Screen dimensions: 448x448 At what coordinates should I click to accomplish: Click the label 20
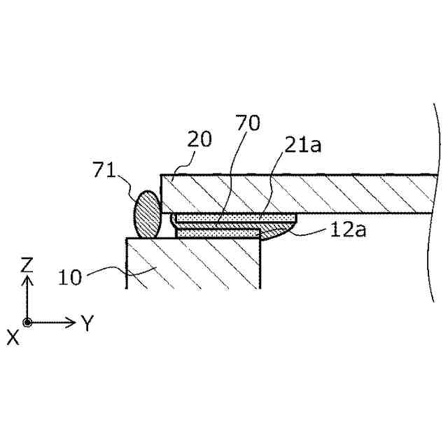(x=199, y=139)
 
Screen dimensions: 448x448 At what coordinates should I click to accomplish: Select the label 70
(x=248, y=124)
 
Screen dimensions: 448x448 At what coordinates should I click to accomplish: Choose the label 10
(x=70, y=276)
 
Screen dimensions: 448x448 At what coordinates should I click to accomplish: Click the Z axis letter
(x=27, y=264)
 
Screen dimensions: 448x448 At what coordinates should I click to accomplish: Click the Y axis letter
(x=87, y=323)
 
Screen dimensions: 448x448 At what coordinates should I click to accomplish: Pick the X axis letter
(x=13, y=337)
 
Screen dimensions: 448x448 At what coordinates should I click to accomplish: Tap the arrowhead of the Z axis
(x=27, y=279)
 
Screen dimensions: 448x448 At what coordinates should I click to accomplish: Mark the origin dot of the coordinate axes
(x=27, y=323)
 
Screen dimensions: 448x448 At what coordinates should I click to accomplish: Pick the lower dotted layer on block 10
(x=217, y=233)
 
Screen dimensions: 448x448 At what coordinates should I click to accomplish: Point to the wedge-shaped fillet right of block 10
(x=276, y=231)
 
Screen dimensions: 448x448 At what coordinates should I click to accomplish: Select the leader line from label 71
(x=129, y=182)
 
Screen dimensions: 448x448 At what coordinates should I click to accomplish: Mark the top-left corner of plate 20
(x=162, y=175)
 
